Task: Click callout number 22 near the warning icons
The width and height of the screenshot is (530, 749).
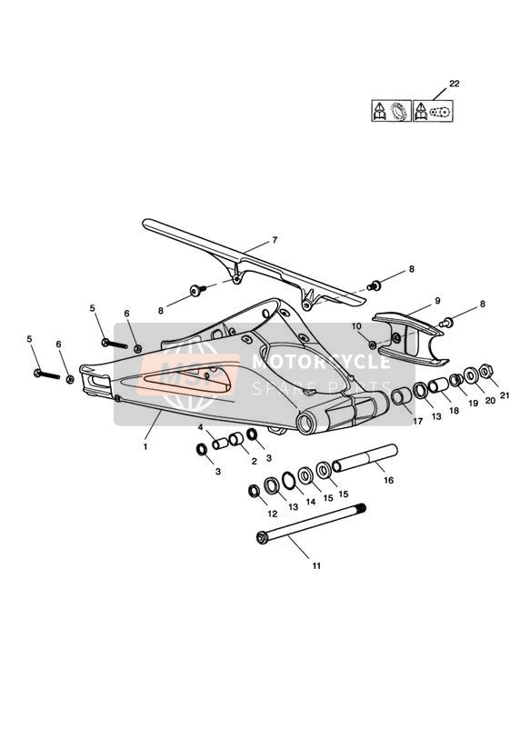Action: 454,84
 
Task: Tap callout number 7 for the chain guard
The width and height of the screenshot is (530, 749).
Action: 275,240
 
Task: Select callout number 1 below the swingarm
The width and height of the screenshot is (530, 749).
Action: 145,447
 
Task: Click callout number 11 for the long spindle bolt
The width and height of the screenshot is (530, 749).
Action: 316,566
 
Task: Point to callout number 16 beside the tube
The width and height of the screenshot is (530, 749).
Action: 388,480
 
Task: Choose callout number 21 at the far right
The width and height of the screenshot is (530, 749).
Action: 505,395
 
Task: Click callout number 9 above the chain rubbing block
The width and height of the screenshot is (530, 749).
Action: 437,301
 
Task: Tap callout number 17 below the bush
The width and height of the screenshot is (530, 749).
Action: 417,422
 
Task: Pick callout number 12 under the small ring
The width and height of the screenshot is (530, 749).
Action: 273,514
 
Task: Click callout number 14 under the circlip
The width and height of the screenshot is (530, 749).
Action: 311,502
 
